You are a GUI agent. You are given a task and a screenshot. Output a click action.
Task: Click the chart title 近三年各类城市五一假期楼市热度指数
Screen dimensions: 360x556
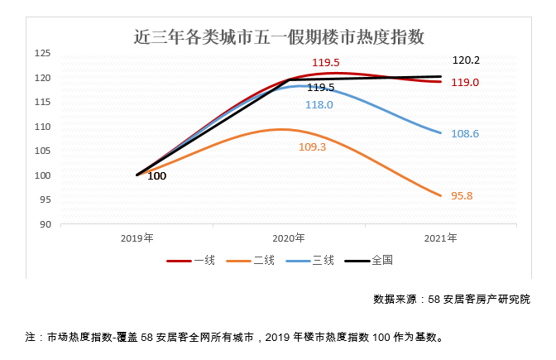coord(279,36)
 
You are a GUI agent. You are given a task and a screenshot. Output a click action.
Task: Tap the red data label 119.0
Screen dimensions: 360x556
coord(464,83)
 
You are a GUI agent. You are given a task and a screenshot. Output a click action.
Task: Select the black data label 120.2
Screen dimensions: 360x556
coord(466,60)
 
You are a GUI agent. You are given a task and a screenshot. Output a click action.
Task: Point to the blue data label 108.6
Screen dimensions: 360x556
coord(464,133)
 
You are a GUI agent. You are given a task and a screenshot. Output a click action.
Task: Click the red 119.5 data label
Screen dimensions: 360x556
coord(325,63)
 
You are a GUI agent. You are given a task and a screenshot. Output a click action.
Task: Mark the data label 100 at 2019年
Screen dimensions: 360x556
coord(156,176)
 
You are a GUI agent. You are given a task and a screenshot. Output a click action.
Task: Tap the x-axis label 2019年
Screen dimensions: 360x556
coord(137,238)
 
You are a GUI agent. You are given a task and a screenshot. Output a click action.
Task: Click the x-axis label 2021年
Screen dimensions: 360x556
coord(440,238)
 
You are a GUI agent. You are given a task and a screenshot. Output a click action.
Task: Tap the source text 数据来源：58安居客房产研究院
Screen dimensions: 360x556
coord(451,299)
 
